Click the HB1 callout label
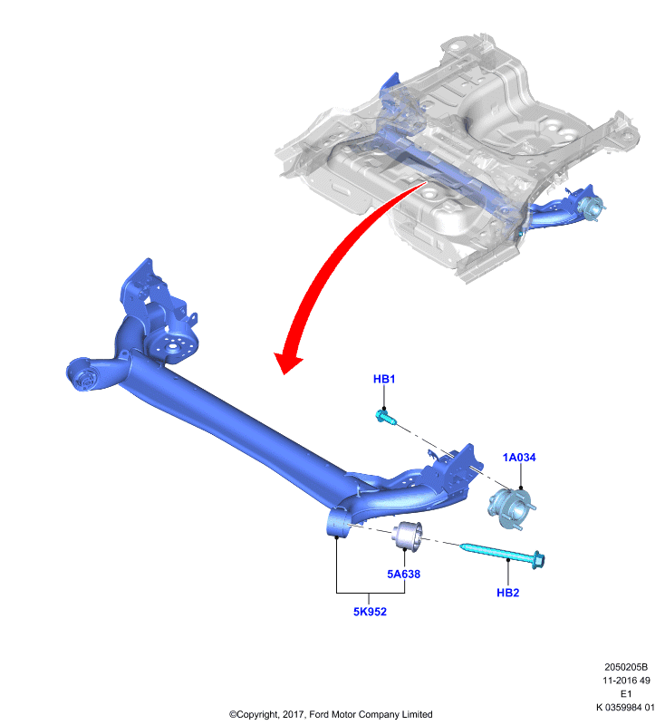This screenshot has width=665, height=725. (x=384, y=379)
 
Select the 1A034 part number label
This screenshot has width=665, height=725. (x=519, y=458)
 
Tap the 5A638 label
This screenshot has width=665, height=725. (x=403, y=574)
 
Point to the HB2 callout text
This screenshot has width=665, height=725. (x=508, y=593)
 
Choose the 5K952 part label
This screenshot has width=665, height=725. (x=370, y=612)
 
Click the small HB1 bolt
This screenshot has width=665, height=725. (x=386, y=417)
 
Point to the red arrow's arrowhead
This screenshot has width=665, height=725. (x=286, y=362)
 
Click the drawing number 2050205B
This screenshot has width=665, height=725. (x=626, y=667)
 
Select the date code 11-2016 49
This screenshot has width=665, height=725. (x=626, y=681)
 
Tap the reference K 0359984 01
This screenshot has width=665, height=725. (x=625, y=707)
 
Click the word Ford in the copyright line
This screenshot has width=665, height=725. (x=318, y=714)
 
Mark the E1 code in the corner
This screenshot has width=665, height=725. (x=626, y=693)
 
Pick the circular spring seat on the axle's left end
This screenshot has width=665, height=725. (x=172, y=348)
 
